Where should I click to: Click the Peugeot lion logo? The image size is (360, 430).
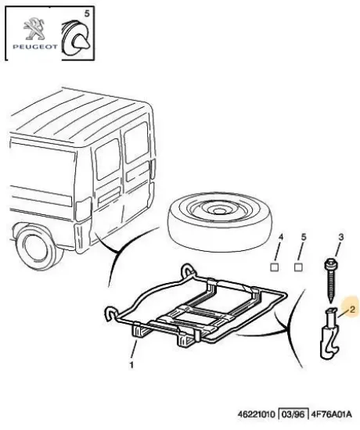tap(34, 28)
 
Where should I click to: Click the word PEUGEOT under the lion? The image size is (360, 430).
tap(35, 47)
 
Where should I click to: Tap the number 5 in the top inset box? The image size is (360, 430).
tap(87, 13)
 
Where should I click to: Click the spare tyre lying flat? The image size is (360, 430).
tap(220, 221)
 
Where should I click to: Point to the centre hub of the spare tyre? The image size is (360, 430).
tap(218, 210)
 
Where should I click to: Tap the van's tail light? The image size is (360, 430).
tap(83, 209)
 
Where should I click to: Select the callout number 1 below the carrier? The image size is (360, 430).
tap(131, 365)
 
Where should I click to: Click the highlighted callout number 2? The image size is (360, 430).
tap(353, 310)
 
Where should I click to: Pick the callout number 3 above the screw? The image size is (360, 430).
tap(340, 237)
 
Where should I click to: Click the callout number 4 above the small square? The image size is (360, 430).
tap(280, 237)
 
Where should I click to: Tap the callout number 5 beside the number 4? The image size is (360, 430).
tap(304, 237)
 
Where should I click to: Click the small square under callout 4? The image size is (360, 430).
tap(275, 267)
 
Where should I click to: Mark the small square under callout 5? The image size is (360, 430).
tap(298, 267)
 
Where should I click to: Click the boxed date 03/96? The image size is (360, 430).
tap(293, 414)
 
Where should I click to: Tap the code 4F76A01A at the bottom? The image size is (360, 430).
tap(331, 414)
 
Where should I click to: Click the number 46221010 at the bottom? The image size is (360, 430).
tap(257, 414)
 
